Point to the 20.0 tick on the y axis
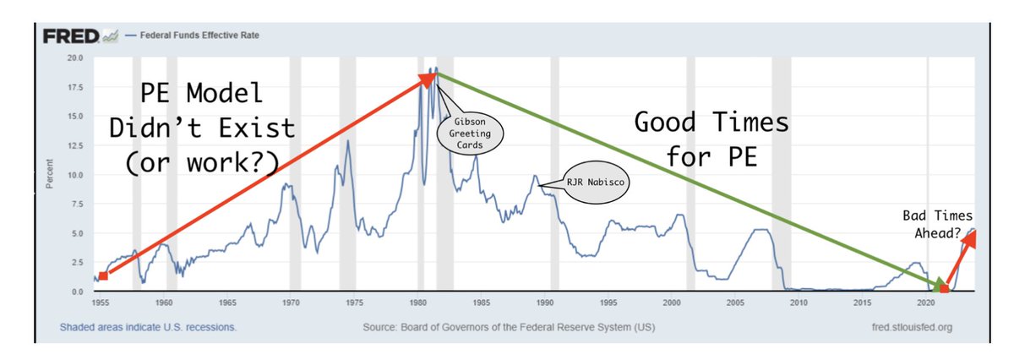(75, 58)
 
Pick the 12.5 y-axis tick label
(75, 145)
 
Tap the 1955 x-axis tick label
(101, 302)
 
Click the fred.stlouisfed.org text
(902, 327)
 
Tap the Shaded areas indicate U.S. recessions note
(148, 327)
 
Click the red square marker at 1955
(103, 275)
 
